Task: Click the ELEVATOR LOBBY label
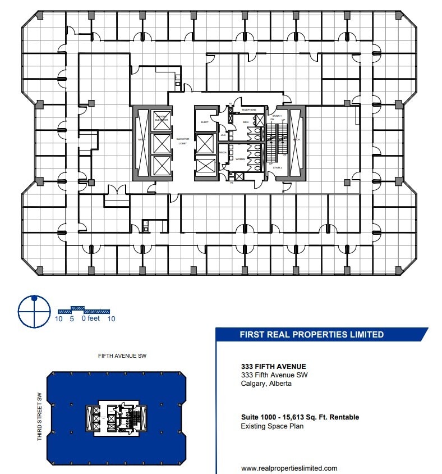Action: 182,141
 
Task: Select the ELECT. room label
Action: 205,122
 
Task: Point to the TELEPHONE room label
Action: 249,110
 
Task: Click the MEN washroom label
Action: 246,122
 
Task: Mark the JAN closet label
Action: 223,135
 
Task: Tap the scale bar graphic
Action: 84,310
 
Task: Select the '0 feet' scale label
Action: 90,319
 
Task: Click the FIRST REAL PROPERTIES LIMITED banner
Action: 312,335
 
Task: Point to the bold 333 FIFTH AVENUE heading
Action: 273,366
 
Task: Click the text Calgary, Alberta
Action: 266,384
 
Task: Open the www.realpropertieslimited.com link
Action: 289,468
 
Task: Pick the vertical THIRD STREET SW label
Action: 40,416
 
